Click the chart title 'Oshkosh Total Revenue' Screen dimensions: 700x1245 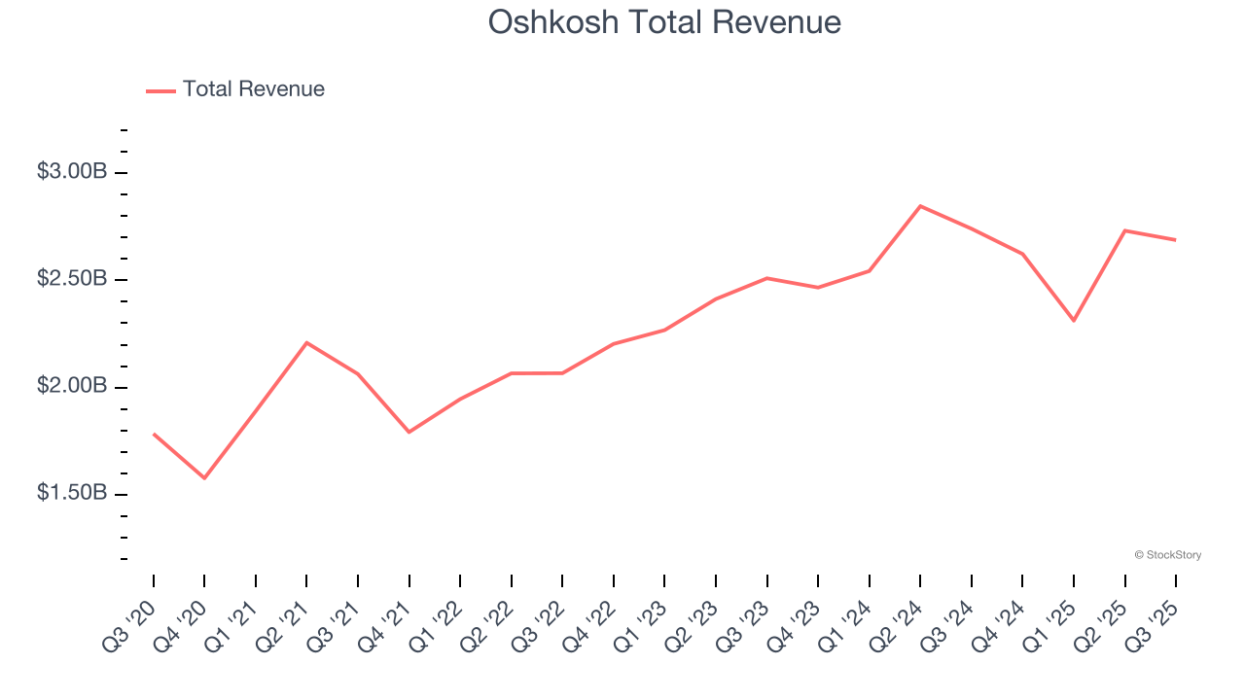pyautogui.click(x=664, y=21)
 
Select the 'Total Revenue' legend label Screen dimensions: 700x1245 pyautogui.click(x=254, y=89)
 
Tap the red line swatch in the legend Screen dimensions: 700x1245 pyautogui.click(x=160, y=90)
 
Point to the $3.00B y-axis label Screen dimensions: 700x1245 pyautogui.click(x=72, y=172)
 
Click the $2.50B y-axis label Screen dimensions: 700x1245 pyautogui.click(x=72, y=279)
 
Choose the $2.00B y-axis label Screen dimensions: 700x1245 pyautogui.click(x=72, y=386)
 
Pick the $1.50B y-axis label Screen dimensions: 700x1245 pyautogui.click(x=72, y=493)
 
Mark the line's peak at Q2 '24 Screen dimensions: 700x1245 pyautogui.click(x=920, y=206)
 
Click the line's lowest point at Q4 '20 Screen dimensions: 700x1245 pyautogui.click(x=204, y=478)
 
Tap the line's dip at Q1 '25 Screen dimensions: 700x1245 pyautogui.click(x=1074, y=321)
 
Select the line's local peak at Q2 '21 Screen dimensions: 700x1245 pyautogui.click(x=306, y=342)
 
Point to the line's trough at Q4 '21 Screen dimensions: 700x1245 pyautogui.click(x=409, y=432)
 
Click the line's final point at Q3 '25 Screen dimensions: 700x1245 pyautogui.click(x=1176, y=240)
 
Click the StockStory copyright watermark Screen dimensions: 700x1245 pyautogui.click(x=1167, y=555)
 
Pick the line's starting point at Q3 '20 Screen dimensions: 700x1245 pyautogui.click(x=154, y=434)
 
